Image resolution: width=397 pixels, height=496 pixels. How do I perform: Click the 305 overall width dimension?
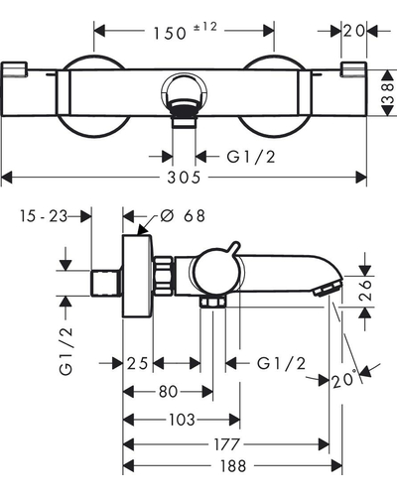click(x=184, y=178)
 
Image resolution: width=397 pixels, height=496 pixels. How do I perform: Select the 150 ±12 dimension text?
click(x=186, y=31)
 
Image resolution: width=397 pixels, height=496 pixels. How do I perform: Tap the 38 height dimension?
click(x=389, y=92)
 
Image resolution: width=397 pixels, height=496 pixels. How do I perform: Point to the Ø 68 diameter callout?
click(x=183, y=216)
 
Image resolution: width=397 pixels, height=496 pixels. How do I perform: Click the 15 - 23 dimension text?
click(x=44, y=216)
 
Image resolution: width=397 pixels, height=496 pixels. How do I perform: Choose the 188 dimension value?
click(x=233, y=466)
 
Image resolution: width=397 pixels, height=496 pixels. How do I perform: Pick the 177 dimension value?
click(x=226, y=444)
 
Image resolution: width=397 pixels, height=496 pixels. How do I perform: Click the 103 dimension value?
click(x=182, y=420)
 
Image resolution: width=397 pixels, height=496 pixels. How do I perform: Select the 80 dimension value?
click(x=168, y=392)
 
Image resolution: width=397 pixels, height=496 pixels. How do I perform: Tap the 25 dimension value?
click(x=137, y=364)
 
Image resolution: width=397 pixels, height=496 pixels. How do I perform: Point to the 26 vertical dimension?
click(x=365, y=290)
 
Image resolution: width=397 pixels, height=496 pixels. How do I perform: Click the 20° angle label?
click(x=344, y=379)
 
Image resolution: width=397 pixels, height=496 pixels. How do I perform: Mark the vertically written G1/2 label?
click(x=66, y=350)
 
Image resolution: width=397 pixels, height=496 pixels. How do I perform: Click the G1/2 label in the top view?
click(x=251, y=157)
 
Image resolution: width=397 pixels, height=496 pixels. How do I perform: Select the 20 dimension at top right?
click(x=353, y=31)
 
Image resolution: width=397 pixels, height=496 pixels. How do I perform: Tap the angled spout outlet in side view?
click(x=328, y=288)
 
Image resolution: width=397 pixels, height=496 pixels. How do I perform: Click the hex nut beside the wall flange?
click(x=163, y=275)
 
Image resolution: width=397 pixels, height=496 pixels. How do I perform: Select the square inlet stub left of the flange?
click(x=105, y=283)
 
